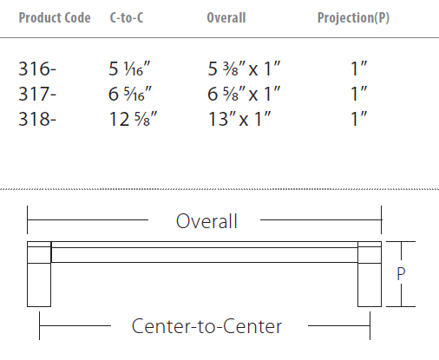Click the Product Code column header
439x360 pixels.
tap(55, 18)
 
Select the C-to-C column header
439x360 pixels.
tap(127, 18)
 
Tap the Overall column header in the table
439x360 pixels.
tap(226, 18)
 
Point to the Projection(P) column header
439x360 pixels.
tap(353, 18)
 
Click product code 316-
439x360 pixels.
tap(37, 69)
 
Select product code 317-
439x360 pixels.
tap(37, 94)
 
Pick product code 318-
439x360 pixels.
tap(37, 119)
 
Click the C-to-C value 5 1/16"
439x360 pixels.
tap(129, 69)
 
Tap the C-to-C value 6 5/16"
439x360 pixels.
tap(130, 94)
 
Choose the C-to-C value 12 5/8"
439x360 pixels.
tap(133, 119)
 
